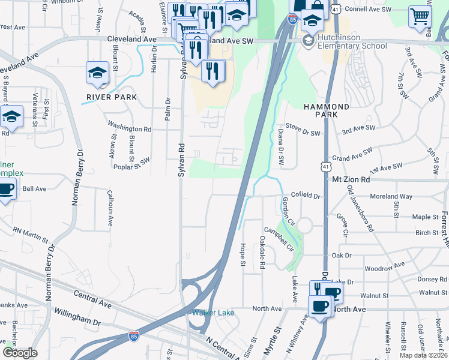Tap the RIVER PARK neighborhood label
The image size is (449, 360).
112,97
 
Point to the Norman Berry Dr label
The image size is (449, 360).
76,177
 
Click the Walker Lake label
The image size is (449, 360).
212,313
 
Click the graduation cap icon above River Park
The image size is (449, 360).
97,73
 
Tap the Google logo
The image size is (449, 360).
19,353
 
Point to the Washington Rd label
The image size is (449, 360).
129,128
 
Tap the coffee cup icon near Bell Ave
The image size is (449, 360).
6,190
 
